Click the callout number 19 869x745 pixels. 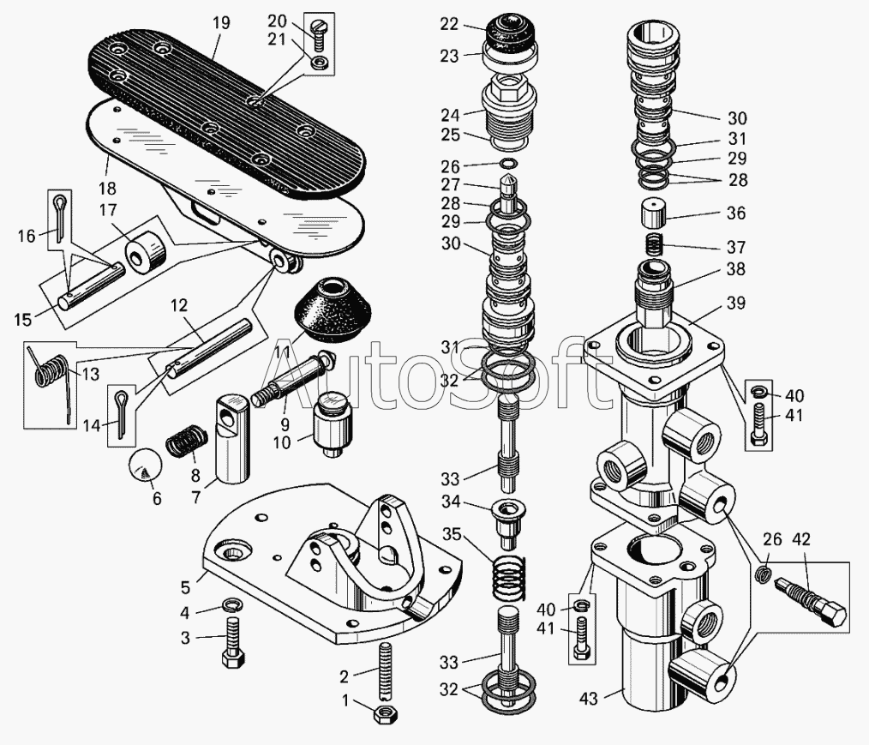click(221, 23)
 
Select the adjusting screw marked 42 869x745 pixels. click(810, 601)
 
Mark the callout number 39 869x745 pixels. click(737, 303)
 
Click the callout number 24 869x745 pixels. click(450, 115)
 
